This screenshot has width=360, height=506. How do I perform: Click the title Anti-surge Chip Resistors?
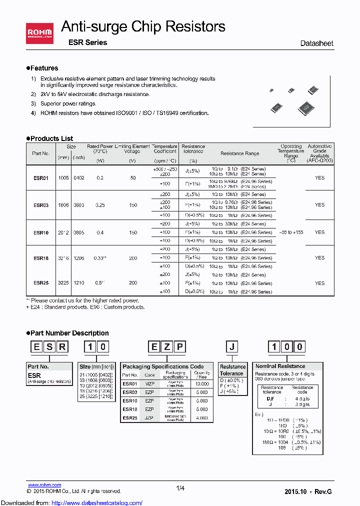[143, 26]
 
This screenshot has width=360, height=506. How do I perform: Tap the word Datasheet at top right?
[316, 43]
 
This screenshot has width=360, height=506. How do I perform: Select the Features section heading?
[44, 68]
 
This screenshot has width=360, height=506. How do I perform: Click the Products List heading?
[51, 138]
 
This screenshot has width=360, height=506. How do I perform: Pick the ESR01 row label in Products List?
[41, 177]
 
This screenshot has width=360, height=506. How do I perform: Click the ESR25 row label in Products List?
[41, 283]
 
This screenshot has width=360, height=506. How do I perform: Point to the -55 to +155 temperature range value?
[291, 232]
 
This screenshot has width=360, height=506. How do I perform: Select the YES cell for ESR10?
[319, 232]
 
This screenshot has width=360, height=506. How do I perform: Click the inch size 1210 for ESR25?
[79, 283]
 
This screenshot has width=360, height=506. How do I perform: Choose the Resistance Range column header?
[239, 153]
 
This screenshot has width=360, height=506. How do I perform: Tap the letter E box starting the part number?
[36, 347]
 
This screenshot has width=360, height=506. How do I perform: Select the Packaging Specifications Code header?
[163, 366]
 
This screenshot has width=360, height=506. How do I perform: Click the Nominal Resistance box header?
[280, 366]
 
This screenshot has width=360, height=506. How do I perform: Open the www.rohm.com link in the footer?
[44, 485]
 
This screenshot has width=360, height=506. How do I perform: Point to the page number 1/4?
[180, 488]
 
